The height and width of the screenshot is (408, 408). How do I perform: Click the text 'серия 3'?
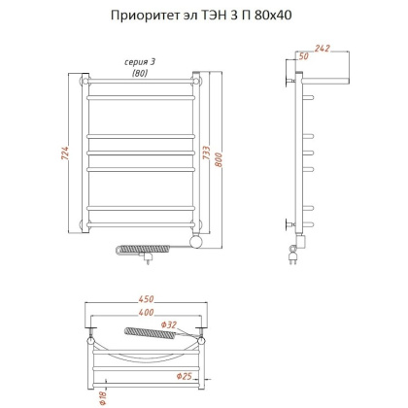[x=140, y=62]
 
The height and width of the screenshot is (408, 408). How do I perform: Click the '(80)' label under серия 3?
[x=140, y=73]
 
